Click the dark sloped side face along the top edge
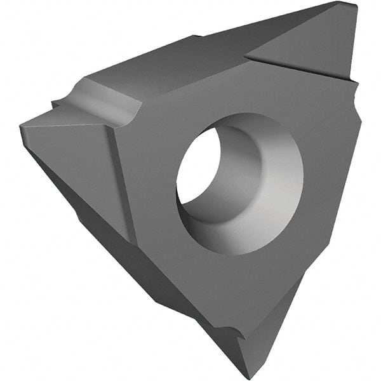tap(171, 57)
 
